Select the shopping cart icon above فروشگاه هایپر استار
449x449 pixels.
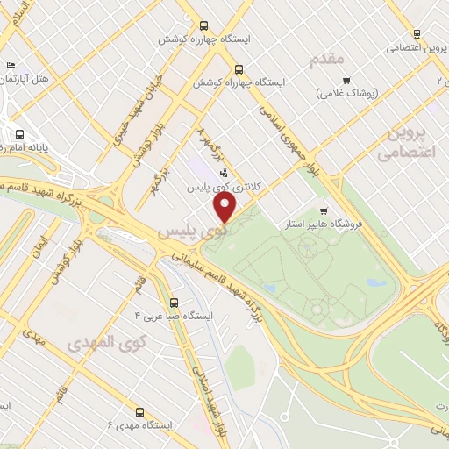click(324, 210)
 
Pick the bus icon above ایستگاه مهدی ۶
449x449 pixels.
click(139, 410)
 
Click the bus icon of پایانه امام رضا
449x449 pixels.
click(19, 135)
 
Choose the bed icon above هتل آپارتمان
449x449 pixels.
click(11, 65)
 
